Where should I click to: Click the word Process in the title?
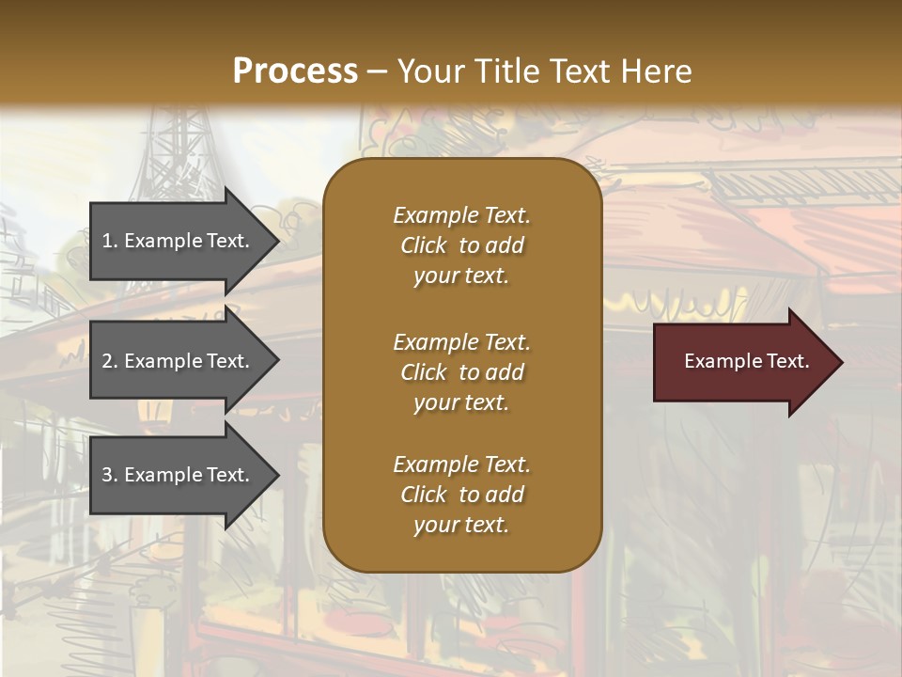295,71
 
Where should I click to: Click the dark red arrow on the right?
741,361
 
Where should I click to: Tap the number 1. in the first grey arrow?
109,241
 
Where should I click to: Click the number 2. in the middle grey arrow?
109,361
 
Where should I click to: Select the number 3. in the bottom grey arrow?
109,475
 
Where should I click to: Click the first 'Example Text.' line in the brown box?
461,215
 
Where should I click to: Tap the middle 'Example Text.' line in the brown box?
461,342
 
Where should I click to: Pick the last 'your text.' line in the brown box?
461,526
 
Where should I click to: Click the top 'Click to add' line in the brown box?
461,245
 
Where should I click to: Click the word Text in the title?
581,71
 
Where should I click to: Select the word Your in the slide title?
428,71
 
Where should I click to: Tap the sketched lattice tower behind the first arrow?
174,150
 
